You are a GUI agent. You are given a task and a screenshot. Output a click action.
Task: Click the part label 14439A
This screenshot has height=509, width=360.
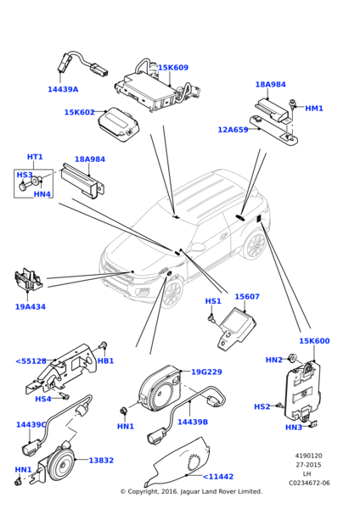(x=63, y=89)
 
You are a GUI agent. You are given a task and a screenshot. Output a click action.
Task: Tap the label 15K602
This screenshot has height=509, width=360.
(x=80, y=112)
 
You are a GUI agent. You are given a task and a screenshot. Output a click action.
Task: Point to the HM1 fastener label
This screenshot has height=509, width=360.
(x=314, y=109)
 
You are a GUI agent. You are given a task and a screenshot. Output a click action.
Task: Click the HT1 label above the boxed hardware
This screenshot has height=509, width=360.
(x=35, y=157)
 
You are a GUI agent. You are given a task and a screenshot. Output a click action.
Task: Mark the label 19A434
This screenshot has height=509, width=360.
(x=31, y=307)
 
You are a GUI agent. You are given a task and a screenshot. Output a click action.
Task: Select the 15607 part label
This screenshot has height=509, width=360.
(x=247, y=297)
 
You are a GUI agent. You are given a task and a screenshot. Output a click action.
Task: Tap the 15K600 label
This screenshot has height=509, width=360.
(x=314, y=341)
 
